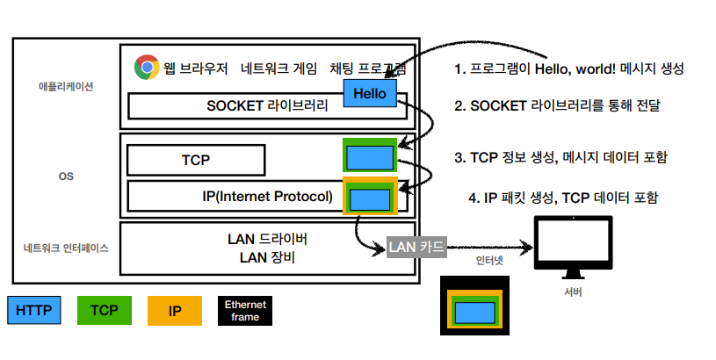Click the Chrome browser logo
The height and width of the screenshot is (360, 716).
(146, 67)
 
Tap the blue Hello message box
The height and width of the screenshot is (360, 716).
(370, 93)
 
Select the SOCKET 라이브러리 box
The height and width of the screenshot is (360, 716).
(264, 106)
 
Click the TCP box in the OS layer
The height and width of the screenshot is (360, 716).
(196, 160)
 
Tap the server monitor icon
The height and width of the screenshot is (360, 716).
(572, 248)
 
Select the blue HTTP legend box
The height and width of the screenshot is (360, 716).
(34, 310)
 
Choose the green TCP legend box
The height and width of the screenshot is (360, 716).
(105, 310)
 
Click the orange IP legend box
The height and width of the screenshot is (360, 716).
(175, 310)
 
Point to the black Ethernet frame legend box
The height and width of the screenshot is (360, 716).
(245, 310)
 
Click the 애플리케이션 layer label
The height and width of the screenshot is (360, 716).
(66, 87)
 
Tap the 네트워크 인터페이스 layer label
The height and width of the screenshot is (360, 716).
(66, 248)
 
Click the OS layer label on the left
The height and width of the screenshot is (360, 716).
(66, 176)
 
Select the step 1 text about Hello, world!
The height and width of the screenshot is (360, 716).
(568, 68)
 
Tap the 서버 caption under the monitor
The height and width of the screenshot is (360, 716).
(573, 293)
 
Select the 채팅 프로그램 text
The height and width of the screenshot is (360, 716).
(368, 68)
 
